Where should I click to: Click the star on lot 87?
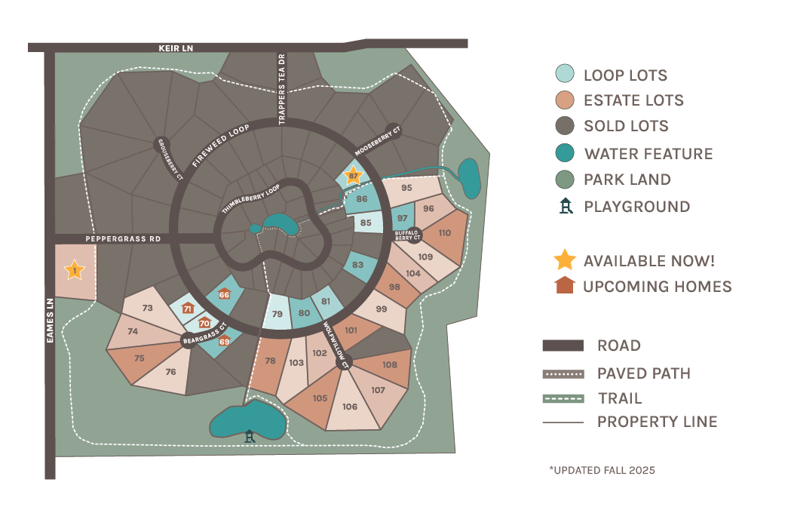[x=352, y=176]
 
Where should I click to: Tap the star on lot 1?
[x=75, y=269]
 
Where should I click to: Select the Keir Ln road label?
[x=176, y=48]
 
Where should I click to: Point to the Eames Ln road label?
[x=49, y=321]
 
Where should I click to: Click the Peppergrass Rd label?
[x=123, y=238]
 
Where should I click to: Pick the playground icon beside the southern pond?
[x=250, y=435]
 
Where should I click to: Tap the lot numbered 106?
[x=349, y=407]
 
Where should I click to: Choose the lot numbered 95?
[x=406, y=188]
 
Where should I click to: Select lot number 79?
[x=277, y=314]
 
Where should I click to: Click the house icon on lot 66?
[x=224, y=294]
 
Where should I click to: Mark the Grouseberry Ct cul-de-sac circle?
[x=162, y=144]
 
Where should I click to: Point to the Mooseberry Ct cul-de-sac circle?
[x=394, y=131]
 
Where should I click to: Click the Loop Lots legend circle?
[x=564, y=74]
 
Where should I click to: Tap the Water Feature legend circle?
[x=564, y=153]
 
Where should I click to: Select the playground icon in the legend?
[x=565, y=206]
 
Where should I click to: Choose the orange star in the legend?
[x=564, y=260]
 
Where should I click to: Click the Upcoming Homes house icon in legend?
[x=564, y=286]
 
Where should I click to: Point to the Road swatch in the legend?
[x=563, y=346]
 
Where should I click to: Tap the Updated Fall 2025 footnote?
[x=602, y=470]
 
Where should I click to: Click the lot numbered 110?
[x=444, y=233]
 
